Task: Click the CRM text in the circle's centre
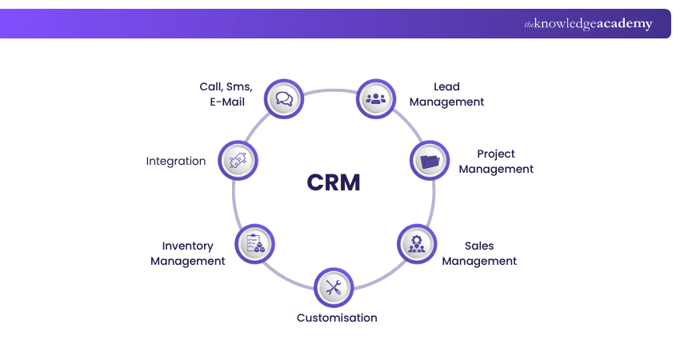click(334, 182)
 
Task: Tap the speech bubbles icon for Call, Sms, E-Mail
click(284, 99)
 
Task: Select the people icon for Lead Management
click(375, 99)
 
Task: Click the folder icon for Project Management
click(430, 162)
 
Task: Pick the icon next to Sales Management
click(417, 244)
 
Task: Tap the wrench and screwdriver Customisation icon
click(334, 287)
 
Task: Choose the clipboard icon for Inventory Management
click(255, 243)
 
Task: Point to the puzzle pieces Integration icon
click(238, 160)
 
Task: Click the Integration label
click(176, 161)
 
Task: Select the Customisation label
click(337, 318)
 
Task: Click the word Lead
click(446, 86)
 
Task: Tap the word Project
click(496, 154)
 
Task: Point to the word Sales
click(479, 246)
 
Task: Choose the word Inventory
click(187, 246)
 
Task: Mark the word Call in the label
click(211, 86)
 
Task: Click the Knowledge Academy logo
click(588, 24)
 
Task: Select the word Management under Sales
click(479, 261)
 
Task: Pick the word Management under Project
click(496, 169)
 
